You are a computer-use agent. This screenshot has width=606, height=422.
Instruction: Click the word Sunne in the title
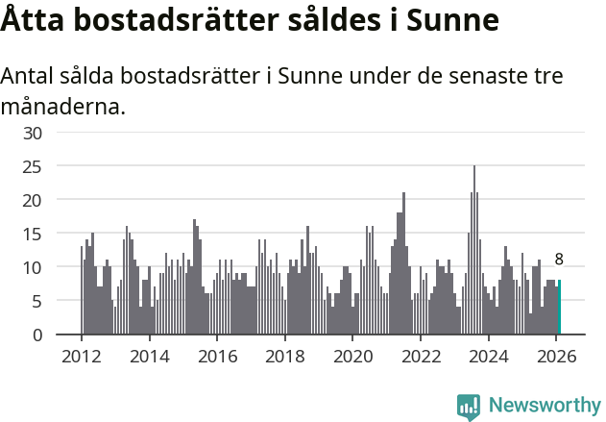click(x=453, y=20)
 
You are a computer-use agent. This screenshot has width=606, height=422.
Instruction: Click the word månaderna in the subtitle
click(x=63, y=106)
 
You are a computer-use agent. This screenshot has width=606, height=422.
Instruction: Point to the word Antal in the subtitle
click(x=30, y=77)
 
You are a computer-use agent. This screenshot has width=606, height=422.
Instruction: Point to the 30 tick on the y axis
click(x=33, y=133)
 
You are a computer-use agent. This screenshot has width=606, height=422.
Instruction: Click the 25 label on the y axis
click(x=33, y=166)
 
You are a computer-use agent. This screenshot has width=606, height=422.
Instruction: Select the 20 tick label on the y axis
click(x=33, y=200)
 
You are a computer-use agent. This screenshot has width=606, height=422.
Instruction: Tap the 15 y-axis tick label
click(x=33, y=234)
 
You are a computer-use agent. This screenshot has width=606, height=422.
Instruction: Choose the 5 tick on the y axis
click(x=37, y=301)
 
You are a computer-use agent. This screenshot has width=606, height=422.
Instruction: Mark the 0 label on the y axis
click(x=37, y=335)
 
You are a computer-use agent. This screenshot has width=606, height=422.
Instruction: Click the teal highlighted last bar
click(x=559, y=308)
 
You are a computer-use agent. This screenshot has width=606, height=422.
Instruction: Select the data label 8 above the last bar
click(x=559, y=260)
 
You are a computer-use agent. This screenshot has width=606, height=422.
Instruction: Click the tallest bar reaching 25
click(x=474, y=250)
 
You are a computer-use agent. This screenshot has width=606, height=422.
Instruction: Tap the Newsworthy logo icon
click(x=469, y=407)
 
